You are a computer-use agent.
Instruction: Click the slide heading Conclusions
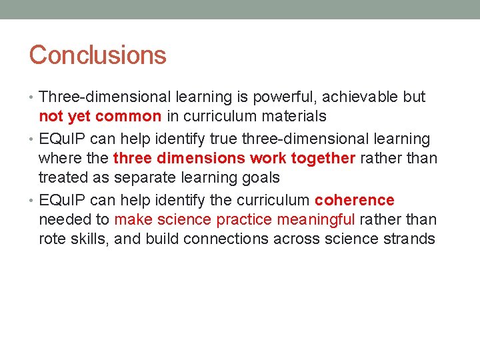[x=97, y=55]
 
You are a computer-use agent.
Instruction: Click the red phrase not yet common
[x=100, y=117]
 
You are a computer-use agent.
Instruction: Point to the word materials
[x=294, y=117]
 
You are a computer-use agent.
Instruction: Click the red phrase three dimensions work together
[x=235, y=159]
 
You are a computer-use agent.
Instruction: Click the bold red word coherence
[x=354, y=200]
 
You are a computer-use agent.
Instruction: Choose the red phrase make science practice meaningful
[x=235, y=219]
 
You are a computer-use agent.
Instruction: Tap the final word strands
[x=409, y=239]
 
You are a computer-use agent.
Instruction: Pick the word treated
[x=63, y=178]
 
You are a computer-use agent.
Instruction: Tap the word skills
[x=91, y=239]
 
